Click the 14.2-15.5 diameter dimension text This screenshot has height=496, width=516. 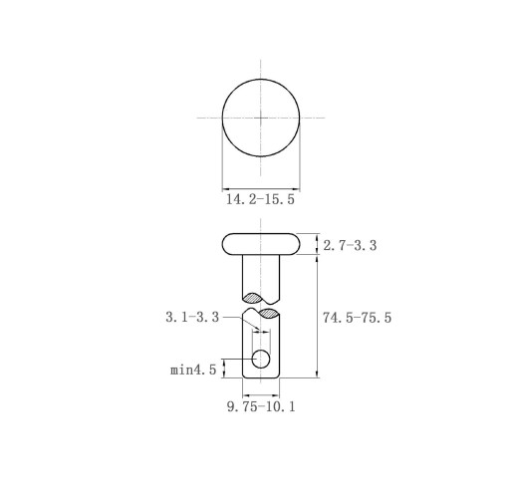260,199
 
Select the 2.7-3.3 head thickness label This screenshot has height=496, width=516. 350,246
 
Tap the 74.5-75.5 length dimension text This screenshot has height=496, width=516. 358,318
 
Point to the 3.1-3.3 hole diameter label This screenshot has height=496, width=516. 192,317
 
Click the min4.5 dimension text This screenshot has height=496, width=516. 193,370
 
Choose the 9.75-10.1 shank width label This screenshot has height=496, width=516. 261,406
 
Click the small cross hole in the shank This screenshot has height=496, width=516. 261,360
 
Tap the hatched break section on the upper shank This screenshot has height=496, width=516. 253,298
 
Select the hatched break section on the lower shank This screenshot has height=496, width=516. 269,313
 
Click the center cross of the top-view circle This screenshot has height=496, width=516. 261,118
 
